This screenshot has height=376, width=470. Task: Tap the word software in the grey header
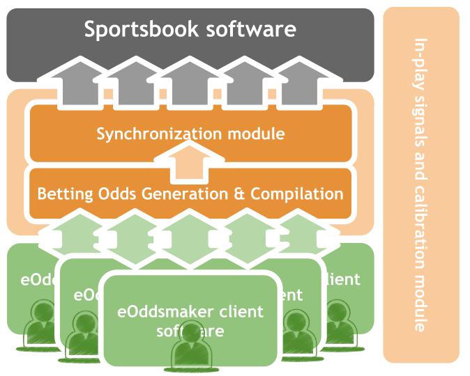point(251,29)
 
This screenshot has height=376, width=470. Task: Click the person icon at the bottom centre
point(190,348)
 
